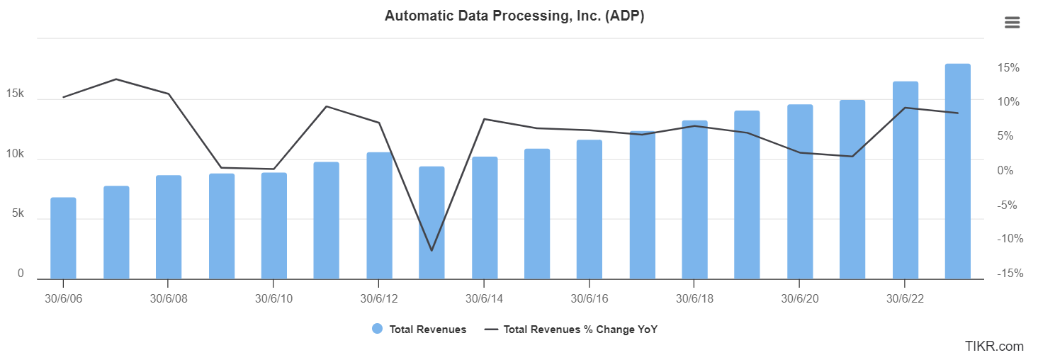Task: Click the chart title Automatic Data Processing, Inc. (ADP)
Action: tap(514, 16)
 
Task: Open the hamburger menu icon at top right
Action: tap(1012, 23)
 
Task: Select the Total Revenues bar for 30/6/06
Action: tap(63, 238)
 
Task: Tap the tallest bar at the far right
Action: tap(957, 171)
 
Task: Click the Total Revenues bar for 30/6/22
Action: tap(905, 180)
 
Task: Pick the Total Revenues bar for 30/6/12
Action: tap(379, 215)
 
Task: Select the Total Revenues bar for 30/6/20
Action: tap(800, 191)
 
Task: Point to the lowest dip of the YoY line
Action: tap(431, 250)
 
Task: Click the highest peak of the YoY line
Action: tap(115, 79)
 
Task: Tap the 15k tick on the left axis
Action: tap(15, 94)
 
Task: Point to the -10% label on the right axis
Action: tap(1009, 239)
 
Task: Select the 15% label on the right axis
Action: tap(1009, 68)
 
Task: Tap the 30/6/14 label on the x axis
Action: tap(484, 298)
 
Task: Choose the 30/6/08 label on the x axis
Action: tap(169, 298)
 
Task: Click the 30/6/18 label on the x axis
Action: tap(694, 298)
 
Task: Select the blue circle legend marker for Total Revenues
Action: tap(377, 329)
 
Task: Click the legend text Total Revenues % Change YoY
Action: tap(580, 329)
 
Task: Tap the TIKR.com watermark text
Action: tap(993, 346)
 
